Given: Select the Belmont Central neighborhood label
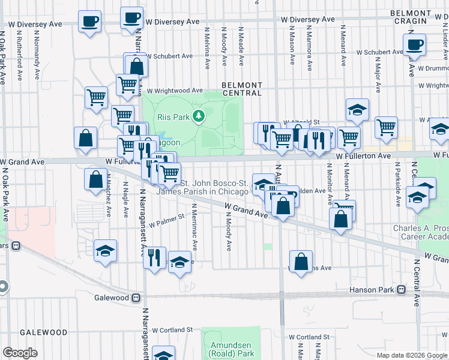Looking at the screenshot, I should (242, 89).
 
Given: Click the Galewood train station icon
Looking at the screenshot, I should (136, 298).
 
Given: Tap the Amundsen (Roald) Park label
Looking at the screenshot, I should (232, 349).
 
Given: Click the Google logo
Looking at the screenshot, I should (20, 353).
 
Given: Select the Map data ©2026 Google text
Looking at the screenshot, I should (411, 356).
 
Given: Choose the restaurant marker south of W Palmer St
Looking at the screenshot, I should (155, 257).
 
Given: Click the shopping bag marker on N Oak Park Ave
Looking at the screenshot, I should (86, 137).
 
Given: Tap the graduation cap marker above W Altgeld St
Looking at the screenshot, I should (357, 109).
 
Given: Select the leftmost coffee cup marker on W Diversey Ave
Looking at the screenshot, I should (89, 22).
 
